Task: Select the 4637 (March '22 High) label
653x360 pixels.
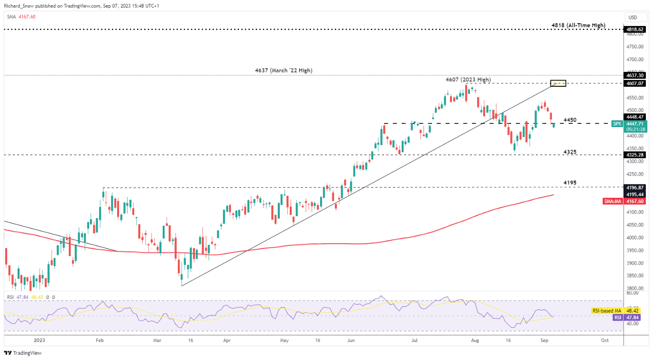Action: pyautogui.click(x=283, y=71)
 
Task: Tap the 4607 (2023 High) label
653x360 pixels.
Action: pyautogui.click(x=468, y=80)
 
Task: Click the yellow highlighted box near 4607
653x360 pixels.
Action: pyautogui.click(x=558, y=83)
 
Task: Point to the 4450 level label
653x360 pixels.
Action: pyautogui.click(x=570, y=120)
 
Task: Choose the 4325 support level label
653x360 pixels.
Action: pyautogui.click(x=570, y=152)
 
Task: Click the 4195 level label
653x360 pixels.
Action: pyautogui.click(x=570, y=183)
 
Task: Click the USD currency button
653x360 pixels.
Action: pyautogui.click(x=633, y=17)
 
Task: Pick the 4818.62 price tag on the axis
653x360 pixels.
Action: pyautogui.click(x=635, y=29)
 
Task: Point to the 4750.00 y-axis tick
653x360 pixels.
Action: pyautogui.click(x=635, y=47)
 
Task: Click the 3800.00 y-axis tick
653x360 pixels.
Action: pyautogui.click(x=635, y=288)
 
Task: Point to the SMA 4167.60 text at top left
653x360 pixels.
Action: pyautogui.click(x=21, y=17)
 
